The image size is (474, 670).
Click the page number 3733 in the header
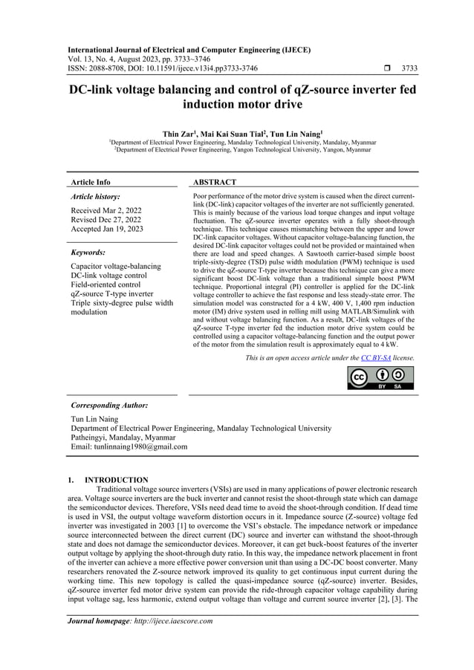tap(409, 68)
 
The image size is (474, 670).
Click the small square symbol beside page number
tap(380, 68)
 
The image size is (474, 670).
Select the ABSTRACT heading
tap(214, 182)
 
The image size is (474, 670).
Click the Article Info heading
tap(90, 182)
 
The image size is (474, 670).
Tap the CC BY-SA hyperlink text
tap(373, 358)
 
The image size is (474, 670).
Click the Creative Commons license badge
tap(381, 377)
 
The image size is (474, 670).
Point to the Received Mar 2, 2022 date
tap(106, 210)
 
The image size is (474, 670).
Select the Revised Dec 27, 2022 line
tap(107, 220)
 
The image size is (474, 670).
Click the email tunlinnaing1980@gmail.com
tap(129, 447)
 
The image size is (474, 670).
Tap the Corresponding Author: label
tap(109, 406)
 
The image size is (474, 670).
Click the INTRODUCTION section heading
tap(116, 480)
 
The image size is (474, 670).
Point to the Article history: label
tap(95, 197)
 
